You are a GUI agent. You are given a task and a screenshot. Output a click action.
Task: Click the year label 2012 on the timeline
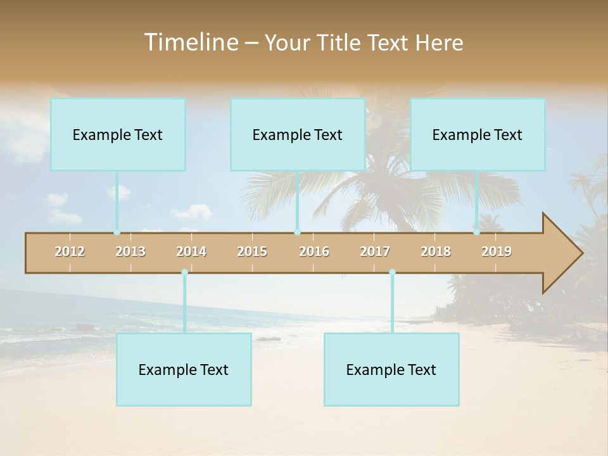(70, 251)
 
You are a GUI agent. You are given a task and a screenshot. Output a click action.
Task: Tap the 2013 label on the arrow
(130, 251)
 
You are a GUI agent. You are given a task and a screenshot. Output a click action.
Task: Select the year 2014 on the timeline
(191, 251)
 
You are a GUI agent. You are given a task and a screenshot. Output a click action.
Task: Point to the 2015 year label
(252, 251)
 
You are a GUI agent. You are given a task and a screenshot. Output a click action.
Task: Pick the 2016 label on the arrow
(314, 251)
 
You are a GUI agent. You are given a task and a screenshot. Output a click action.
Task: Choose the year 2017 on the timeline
(375, 251)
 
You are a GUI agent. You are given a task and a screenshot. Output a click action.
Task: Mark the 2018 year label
(436, 251)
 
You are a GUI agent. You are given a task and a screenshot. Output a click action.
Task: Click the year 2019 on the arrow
(497, 251)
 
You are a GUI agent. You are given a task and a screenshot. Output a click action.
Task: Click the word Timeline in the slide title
(190, 42)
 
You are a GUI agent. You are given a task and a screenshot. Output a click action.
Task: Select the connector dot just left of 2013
(117, 232)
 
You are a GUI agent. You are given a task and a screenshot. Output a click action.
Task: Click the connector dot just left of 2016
(297, 232)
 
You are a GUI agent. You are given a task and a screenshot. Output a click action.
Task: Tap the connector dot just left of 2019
(476, 232)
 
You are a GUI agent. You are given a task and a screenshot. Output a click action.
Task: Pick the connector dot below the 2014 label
(184, 272)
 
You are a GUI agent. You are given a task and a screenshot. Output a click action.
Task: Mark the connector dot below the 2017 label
(392, 272)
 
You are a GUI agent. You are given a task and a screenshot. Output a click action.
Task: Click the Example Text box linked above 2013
(118, 135)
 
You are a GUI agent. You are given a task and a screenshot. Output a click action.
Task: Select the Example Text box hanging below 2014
(184, 370)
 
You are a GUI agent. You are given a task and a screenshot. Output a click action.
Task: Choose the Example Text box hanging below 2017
(391, 370)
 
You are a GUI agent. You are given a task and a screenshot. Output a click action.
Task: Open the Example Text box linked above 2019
(478, 135)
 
